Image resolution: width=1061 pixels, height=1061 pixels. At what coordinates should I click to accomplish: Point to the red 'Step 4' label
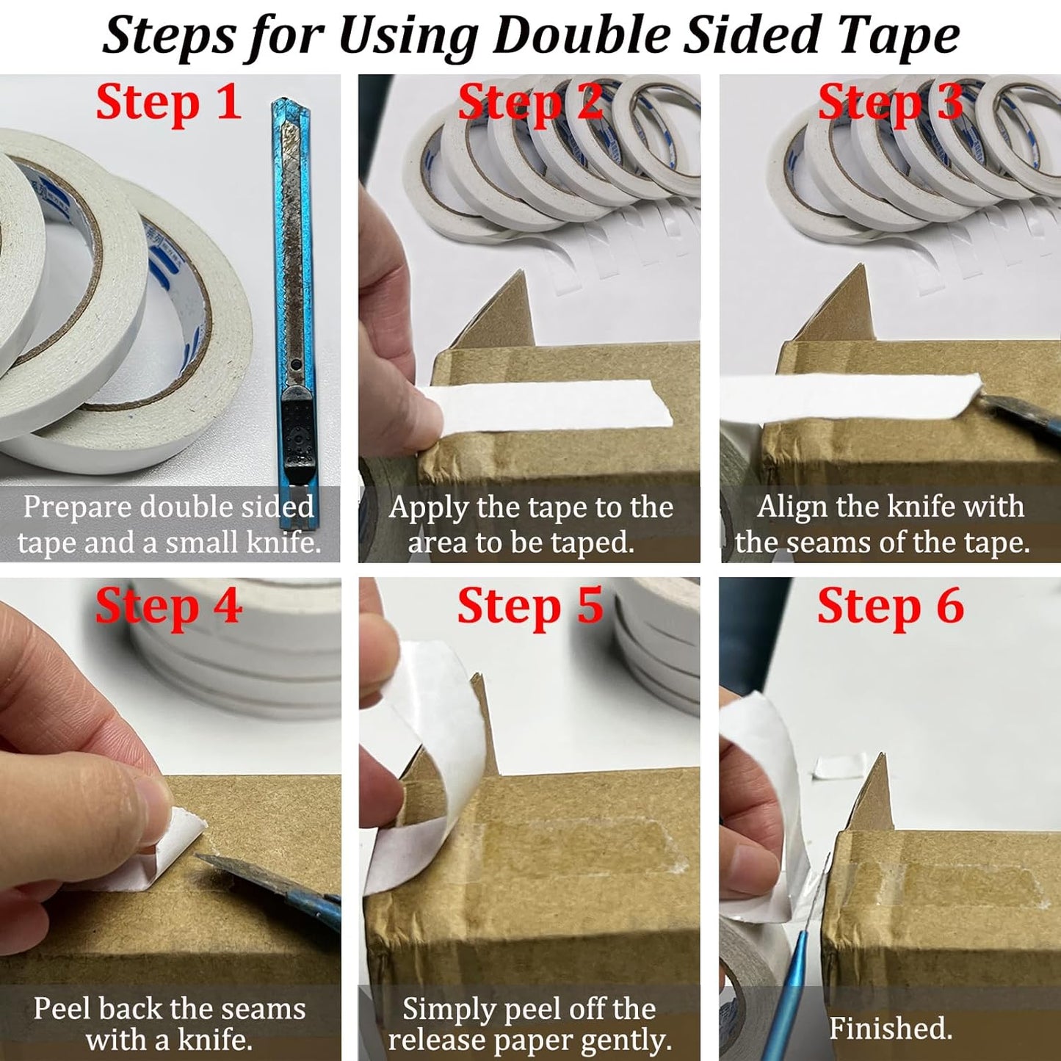point(168,606)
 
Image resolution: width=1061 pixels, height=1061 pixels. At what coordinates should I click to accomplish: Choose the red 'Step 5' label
point(530,606)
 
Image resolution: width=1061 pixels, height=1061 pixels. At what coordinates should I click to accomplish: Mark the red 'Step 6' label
point(890,606)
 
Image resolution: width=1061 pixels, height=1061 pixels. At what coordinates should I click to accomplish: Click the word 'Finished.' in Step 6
point(890,1028)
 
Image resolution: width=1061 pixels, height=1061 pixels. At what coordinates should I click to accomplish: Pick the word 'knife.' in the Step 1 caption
point(283,543)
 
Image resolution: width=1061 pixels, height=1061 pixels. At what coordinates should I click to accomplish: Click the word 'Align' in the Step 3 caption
point(790,507)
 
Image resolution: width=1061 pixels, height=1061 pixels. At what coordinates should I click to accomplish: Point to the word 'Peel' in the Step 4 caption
point(62,1008)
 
